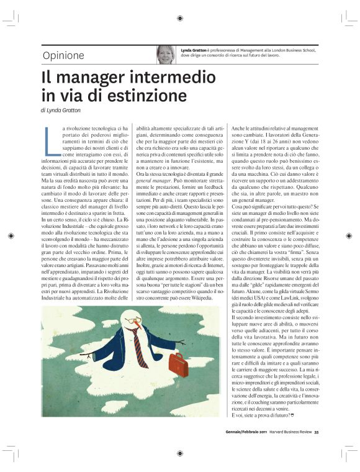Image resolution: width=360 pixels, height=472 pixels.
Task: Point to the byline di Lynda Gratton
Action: tap(61, 110)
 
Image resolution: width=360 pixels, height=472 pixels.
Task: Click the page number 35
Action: tap(316, 433)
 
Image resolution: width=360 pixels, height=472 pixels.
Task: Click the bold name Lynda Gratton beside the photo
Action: tap(194, 49)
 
